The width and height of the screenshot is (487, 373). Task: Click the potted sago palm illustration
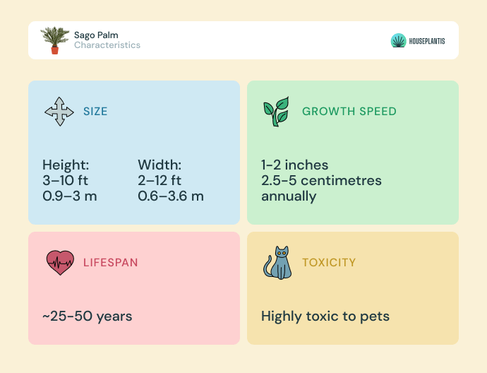(55, 40)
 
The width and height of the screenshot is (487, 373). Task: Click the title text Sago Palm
(96, 35)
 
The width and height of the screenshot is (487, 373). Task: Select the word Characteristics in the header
(107, 45)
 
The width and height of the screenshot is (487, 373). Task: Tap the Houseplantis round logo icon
(399, 41)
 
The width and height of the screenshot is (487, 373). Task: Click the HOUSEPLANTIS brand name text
(427, 41)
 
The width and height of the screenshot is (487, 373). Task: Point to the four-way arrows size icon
(59, 112)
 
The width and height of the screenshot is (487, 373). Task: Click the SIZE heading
(95, 112)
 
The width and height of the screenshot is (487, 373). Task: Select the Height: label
(66, 165)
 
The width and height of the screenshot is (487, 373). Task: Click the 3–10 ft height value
(65, 180)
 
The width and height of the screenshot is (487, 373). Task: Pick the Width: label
(160, 165)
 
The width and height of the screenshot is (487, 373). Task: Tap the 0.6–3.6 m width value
(171, 196)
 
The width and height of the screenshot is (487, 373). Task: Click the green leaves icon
(277, 112)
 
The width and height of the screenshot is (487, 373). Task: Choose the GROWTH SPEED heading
(349, 112)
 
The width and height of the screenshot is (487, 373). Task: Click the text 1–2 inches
(294, 165)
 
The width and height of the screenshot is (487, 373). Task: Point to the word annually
(289, 197)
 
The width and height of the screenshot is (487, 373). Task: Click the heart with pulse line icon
(60, 263)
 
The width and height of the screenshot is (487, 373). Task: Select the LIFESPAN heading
(110, 263)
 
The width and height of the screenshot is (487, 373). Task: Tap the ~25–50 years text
(88, 316)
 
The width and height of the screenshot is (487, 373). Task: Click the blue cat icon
(277, 263)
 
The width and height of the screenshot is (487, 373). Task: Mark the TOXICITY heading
(329, 263)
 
